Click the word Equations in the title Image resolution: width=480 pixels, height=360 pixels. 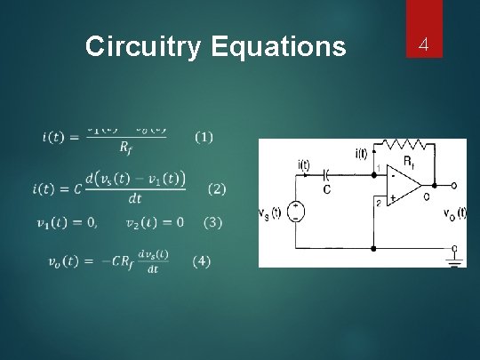click(x=278, y=46)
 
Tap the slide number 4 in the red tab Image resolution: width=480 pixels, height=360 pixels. click(x=423, y=44)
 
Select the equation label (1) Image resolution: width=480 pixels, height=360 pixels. click(x=204, y=137)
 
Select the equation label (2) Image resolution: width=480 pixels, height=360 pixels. click(x=217, y=188)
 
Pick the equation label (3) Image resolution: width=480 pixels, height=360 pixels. click(x=214, y=221)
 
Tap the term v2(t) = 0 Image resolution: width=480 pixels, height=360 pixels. click(x=155, y=221)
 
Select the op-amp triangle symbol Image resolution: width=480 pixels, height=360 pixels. click(x=405, y=186)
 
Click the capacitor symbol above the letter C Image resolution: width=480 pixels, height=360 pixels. click(x=326, y=174)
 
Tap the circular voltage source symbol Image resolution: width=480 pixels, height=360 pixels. click(x=295, y=212)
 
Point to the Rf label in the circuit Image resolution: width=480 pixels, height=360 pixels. click(x=408, y=162)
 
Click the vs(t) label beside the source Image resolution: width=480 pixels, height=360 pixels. click(x=269, y=213)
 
